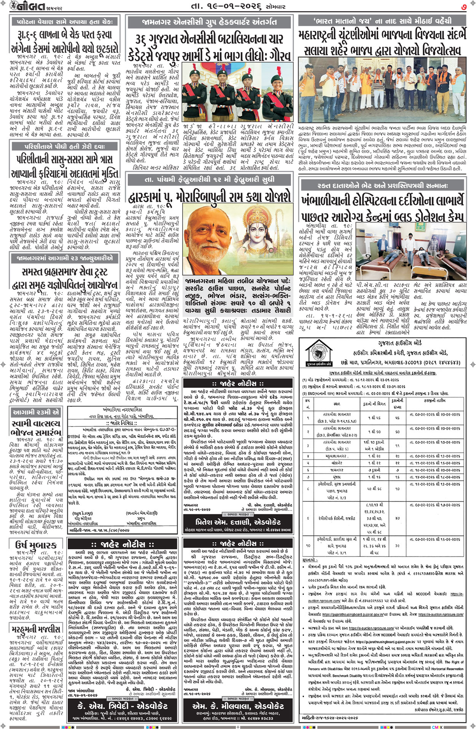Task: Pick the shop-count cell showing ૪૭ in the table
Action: pos(398,518)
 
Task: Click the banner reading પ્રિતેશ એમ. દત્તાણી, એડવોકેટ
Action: pos(238,522)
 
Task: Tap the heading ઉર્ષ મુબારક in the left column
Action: pos(35,545)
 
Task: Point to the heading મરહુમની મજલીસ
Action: pos(35,628)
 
